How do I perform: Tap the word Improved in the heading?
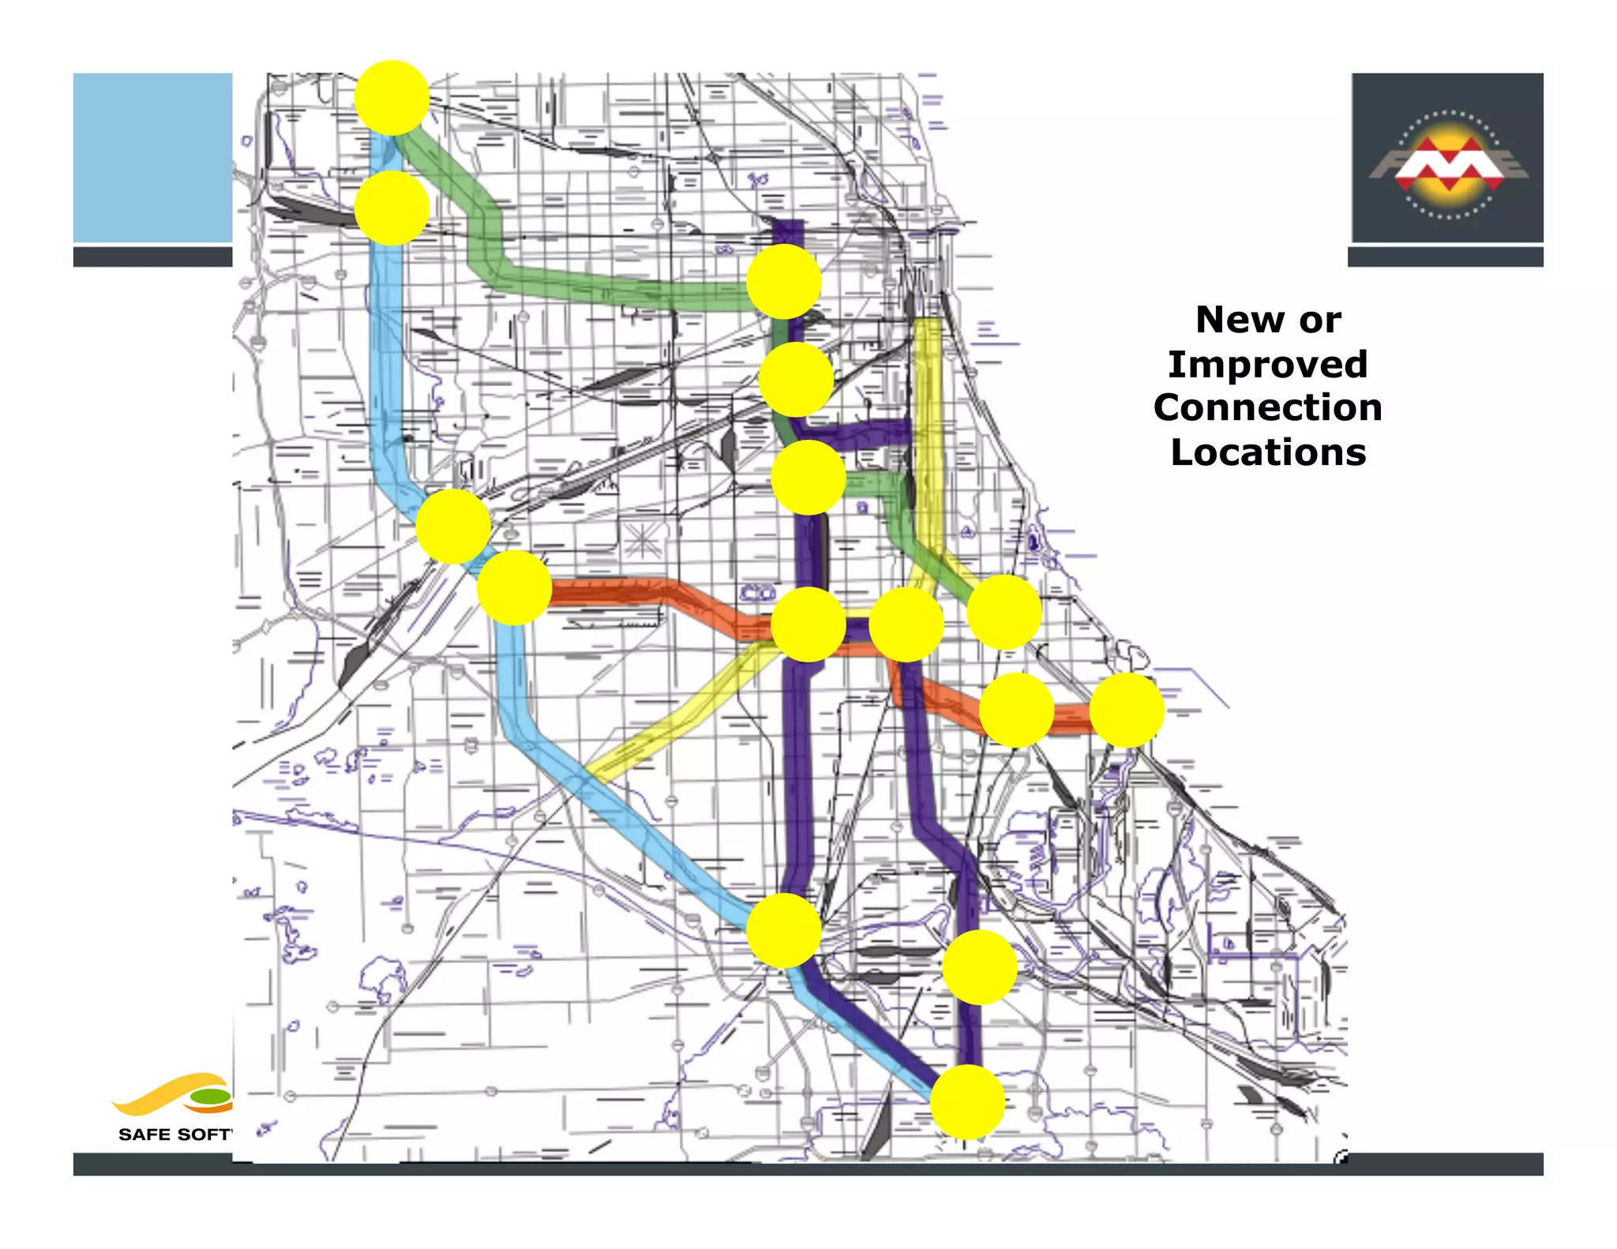1267,365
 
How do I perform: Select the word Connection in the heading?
1267,408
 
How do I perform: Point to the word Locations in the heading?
1268,452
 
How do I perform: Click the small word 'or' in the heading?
1320,321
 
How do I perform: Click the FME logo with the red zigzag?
1447,164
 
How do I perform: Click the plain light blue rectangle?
152,157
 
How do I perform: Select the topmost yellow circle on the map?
392,97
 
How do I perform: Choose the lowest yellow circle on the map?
967,1101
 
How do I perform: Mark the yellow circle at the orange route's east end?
1127,710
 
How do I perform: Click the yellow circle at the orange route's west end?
514,587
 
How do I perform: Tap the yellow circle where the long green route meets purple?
783,282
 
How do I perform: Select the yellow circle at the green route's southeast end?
1004,612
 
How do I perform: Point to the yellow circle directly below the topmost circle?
392,208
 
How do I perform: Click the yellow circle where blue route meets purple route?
783,931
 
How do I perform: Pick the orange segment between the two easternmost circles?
1071,718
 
